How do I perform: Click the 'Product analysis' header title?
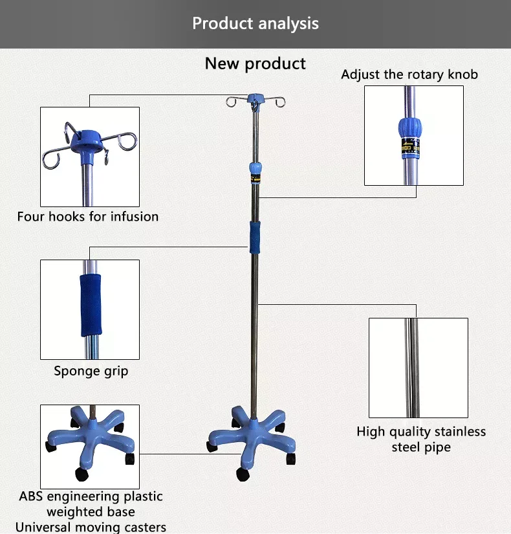pyautogui.click(x=255, y=24)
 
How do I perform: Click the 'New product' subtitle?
pyautogui.click(x=255, y=63)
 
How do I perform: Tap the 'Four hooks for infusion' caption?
pyautogui.click(x=88, y=216)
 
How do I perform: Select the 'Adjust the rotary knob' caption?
pyautogui.click(x=409, y=74)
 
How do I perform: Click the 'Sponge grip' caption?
pyautogui.click(x=91, y=371)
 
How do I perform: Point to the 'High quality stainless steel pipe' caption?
pyautogui.click(x=421, y=439)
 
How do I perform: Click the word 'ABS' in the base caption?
pyautogui.click(x=32, y=496)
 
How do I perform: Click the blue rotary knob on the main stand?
pyautogui.click(x=255, y=169)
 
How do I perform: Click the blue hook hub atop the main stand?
pyautogui.click(x=255, y=99)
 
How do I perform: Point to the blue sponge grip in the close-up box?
pyautogui.click(x=91, y=305)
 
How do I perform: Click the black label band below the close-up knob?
pyautogui.click(x=410, y=148)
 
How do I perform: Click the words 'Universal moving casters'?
pyautogui.click(x=91, y=527)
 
